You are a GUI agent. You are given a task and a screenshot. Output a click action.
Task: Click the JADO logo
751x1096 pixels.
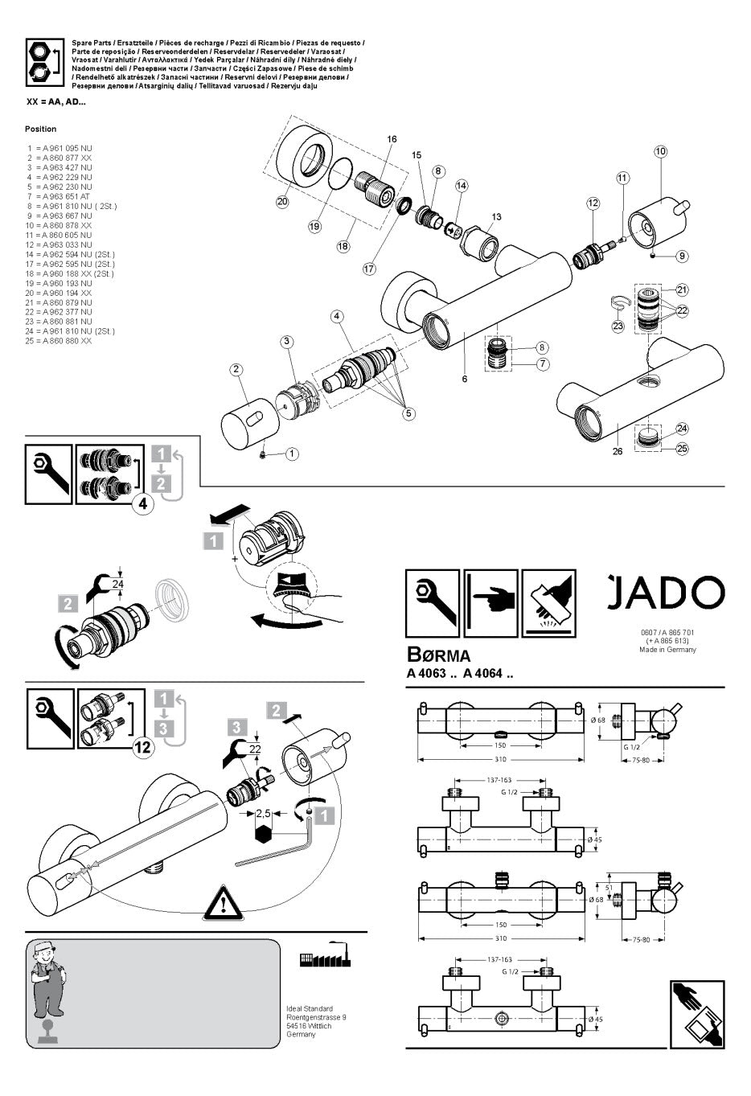pyautogui.click(x=665, y=593)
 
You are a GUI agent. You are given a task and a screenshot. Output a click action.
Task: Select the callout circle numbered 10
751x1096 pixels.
pyautogui.click(x=660, y=151)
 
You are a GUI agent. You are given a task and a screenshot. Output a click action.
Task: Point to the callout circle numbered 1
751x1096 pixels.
pyautogui.click(x=292, y=454)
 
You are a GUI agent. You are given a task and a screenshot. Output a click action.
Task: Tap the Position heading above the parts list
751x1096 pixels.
pyautogui.click(x=41, y=129)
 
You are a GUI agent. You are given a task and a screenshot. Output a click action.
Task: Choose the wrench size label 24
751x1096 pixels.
pyautogui.click(x=118, y=584)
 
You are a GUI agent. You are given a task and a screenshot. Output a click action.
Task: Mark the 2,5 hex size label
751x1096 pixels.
pyautogui.click(x=263, y=814)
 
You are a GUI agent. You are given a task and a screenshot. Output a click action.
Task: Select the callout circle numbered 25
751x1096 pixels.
pyautogui.click(x=682, y=449)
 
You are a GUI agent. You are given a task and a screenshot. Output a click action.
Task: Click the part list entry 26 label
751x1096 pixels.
pyautogui.click(x=618, y=451)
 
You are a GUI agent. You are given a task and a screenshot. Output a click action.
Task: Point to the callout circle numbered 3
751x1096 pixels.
pyautogui.click(x=287, y=342)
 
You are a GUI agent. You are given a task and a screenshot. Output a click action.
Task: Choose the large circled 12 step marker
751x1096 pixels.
pyautogui.click(x=142, y=747)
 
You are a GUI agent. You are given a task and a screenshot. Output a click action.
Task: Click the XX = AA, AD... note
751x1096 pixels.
pyautogui.click(x=56, y=102)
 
